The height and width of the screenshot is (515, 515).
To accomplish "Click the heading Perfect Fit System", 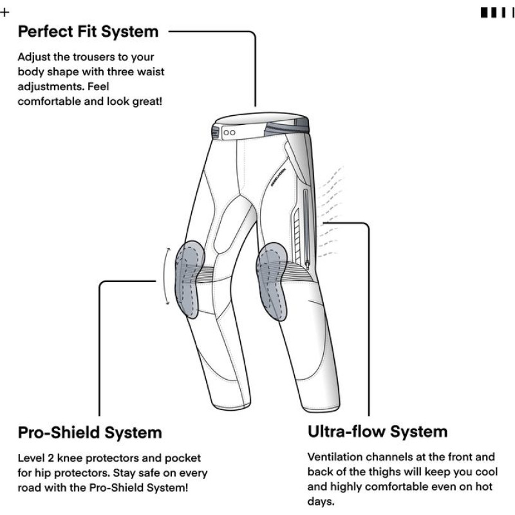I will click(x=88, y=31).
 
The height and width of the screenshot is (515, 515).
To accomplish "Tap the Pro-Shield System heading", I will click(x=89, y=431).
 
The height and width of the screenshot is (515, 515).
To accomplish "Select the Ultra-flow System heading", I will click(x=377, y=431).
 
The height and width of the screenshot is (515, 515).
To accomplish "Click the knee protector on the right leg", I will click(x=272, y=282).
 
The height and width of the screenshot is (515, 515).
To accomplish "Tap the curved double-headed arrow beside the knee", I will click(x=167, y=277).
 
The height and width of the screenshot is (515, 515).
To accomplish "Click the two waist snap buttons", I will click(x=231, y=132).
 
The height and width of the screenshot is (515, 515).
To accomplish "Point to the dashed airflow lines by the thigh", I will click(x=331, y=206).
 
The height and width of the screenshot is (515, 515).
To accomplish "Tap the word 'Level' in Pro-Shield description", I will click(x=32, y=458).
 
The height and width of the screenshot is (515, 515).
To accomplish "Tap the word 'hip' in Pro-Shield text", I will click(x=46, y=473).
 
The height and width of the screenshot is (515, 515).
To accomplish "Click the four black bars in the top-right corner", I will click(x=497, y=12).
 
